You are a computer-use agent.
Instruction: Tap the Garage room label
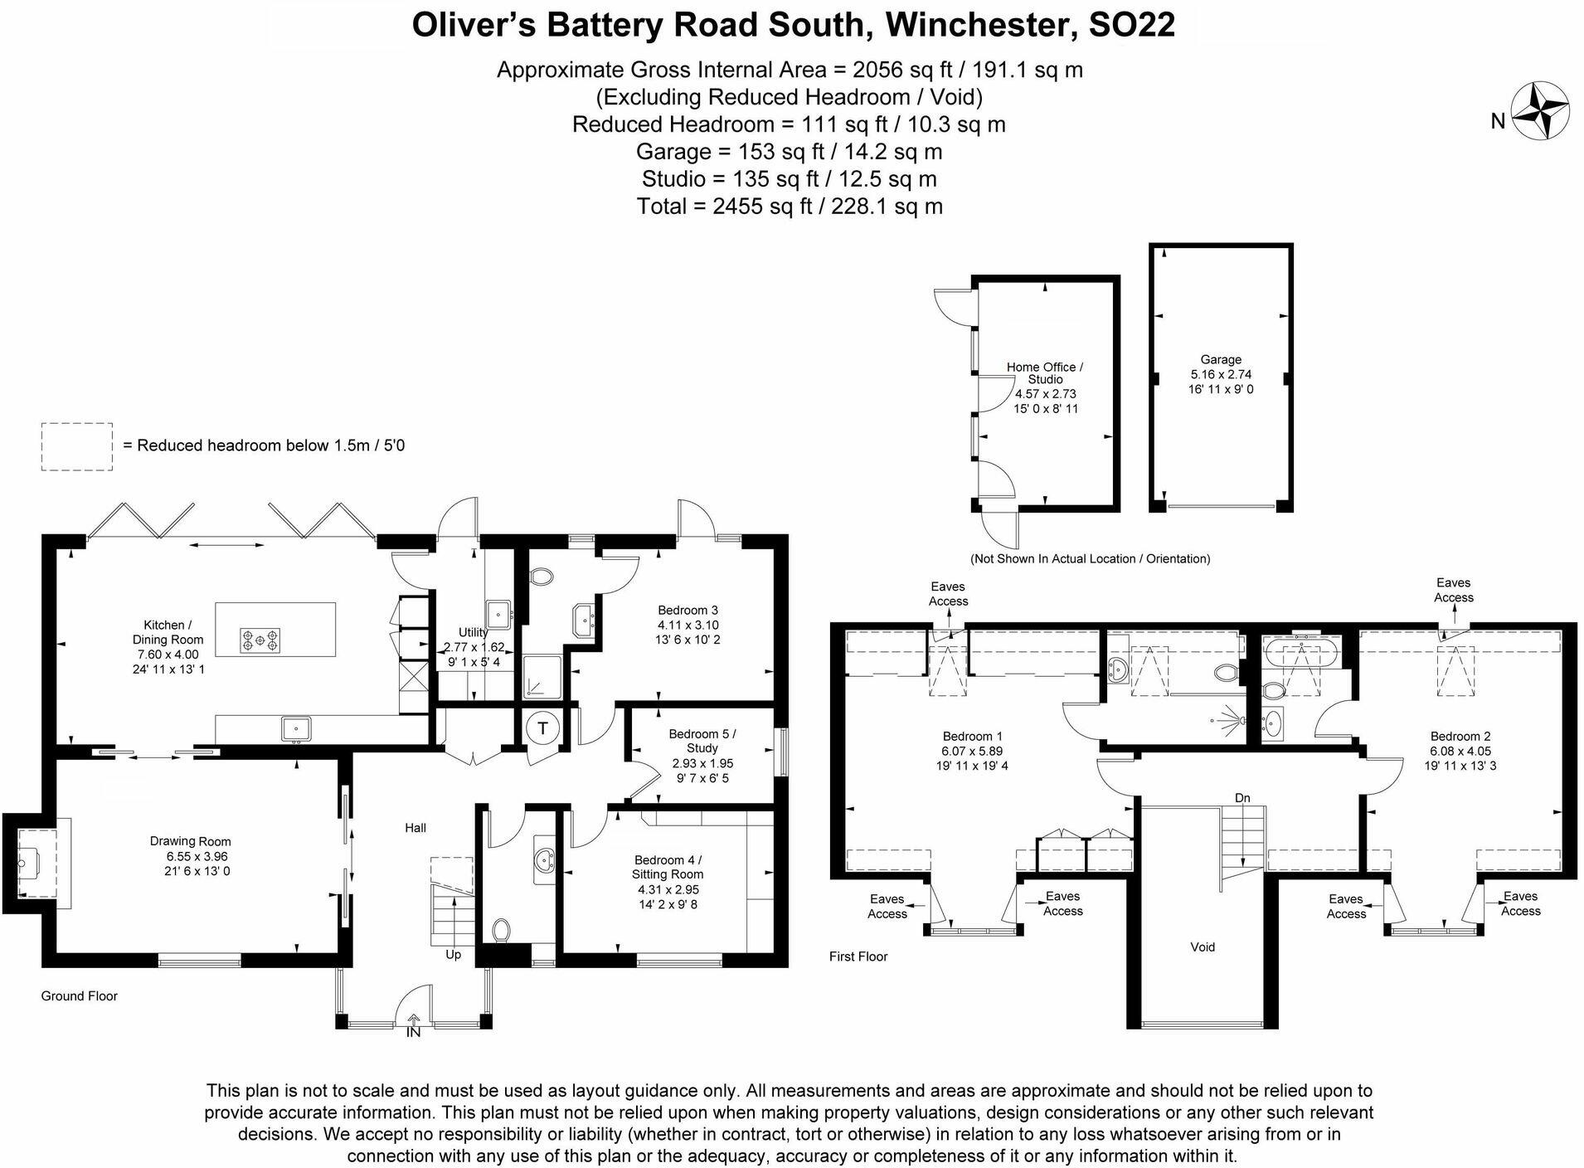[1220, 359]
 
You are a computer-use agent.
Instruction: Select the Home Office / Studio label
[1044, 372]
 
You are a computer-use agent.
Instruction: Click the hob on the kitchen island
[260, 640]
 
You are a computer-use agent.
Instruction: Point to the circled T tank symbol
[542, 728]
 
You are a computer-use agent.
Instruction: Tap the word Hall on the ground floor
[415, 827]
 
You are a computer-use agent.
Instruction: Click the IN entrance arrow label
[413, 1033]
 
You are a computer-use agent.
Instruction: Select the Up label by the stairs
[453, 955]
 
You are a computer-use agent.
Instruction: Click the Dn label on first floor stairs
[1241, 798]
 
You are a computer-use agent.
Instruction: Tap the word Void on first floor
[1202, 947]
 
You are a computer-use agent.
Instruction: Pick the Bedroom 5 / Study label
[702, 741]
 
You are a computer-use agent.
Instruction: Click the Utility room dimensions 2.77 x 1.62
[474, 648]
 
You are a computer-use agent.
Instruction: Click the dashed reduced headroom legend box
[77, 446]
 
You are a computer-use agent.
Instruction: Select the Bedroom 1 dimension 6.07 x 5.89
[972, 751]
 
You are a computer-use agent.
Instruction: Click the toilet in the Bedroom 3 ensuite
[542, 576]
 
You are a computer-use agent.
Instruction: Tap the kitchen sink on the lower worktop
[295, 728]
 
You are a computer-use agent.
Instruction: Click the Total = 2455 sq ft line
[789, 206]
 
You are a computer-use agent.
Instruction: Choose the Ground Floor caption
[79, 995]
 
